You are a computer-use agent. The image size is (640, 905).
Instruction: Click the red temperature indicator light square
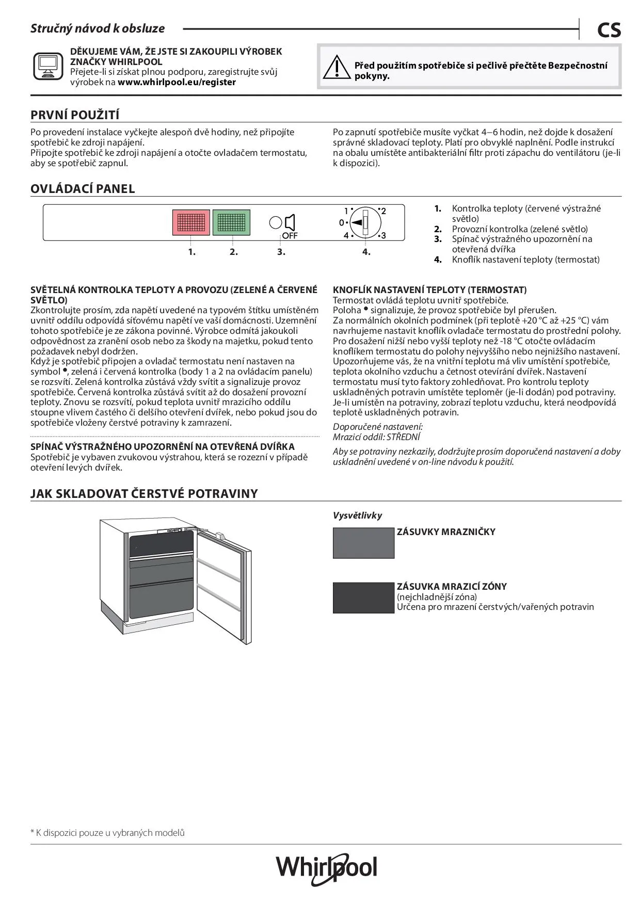tap(191, 222)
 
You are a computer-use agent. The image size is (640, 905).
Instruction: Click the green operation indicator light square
tap(231, 222)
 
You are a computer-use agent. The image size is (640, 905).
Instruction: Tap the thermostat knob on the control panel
tap(365, 222)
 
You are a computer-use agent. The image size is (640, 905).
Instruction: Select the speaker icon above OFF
tap(290, 222)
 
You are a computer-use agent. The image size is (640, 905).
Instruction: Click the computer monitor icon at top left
tap(49, 67)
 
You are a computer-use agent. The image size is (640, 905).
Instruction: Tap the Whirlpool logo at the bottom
tap(326, 868)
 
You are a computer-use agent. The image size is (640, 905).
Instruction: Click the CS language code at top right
tap(609, 30)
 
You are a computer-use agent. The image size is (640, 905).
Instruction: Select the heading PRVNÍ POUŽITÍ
tap(75, 115)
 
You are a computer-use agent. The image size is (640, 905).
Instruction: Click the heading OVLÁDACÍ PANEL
tap(83, 189)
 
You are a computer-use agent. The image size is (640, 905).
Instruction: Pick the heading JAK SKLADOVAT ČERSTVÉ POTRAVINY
tap(144, 493)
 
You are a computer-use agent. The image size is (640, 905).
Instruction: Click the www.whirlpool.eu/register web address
tap(177, 82)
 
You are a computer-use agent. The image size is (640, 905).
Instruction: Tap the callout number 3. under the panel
tap(281, 252)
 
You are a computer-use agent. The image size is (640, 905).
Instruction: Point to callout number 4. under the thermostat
tap(366, 252)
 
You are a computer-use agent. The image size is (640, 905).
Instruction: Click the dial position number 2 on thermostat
tap(383, 211)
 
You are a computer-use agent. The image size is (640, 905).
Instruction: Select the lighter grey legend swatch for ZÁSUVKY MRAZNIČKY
tap(363, 543)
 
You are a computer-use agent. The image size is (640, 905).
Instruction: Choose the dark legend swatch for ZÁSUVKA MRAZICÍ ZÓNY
tap(363, 597)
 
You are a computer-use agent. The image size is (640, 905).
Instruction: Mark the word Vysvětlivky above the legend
tap(357, 515)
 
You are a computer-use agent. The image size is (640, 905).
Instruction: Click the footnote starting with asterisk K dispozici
tap(107, 832)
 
